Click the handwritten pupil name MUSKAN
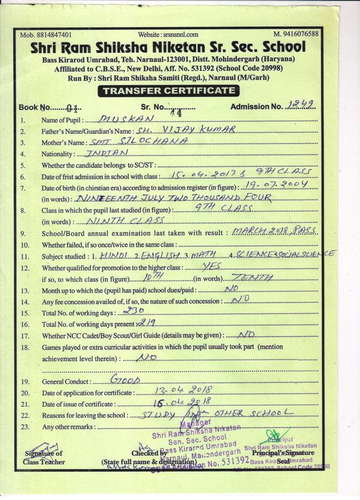click(x=126, y=119)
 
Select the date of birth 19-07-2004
click(x=277, y=185)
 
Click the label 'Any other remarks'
click(x=68, y=427)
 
